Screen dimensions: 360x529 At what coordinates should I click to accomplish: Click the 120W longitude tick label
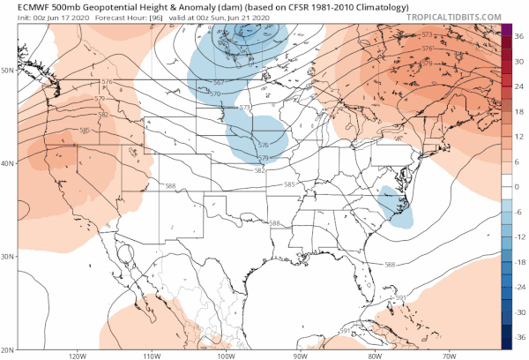click(75, 356)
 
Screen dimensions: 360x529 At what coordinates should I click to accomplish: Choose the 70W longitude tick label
click(449, 356)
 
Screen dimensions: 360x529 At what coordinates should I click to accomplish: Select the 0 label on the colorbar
click(519, 186)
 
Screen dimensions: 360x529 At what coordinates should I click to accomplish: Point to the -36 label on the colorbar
click(520, 337)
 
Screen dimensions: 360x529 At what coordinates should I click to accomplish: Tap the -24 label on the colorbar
click(520, 287)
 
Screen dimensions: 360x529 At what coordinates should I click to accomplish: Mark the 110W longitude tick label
click(149, 356)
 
